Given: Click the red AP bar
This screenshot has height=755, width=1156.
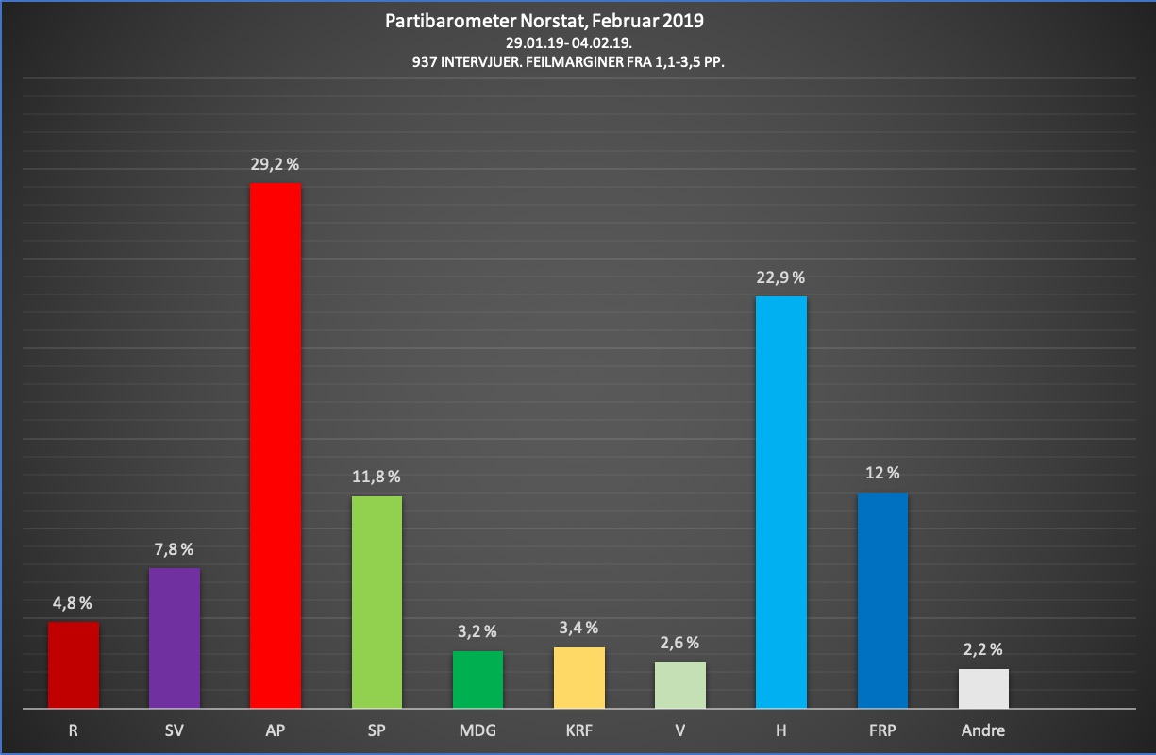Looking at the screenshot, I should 276,445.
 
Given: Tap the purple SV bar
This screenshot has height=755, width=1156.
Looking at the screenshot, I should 175,637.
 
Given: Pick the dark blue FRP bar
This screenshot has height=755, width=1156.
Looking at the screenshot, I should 882,600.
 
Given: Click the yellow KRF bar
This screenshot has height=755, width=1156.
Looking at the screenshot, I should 579,677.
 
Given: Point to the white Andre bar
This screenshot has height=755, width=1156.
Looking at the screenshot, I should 983,688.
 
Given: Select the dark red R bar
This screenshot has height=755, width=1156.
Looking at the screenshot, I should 74,664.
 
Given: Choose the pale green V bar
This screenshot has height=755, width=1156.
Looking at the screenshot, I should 680,684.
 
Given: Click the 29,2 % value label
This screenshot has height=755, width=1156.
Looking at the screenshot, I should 276,164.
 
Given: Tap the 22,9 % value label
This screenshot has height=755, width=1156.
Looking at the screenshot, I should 781,277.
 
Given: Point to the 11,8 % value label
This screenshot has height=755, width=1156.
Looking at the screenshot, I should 377,477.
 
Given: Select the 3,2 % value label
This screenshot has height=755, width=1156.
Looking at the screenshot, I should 477,631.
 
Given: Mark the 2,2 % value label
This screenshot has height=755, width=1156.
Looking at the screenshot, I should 983,649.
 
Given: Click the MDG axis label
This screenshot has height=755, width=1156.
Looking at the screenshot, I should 477,730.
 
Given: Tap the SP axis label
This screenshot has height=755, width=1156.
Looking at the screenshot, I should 377,730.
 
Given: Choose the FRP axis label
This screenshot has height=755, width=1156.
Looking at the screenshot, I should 882,730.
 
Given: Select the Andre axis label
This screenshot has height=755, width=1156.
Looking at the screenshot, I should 983,730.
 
